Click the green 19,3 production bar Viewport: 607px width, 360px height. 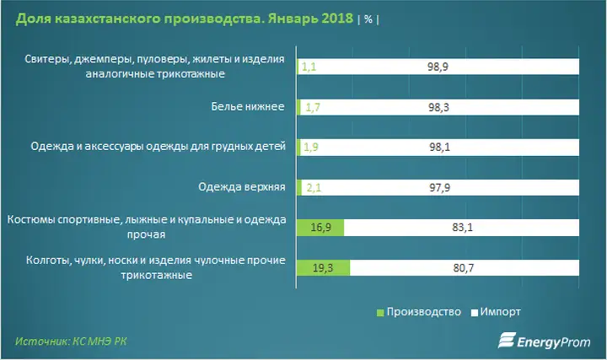(x=323, y=268)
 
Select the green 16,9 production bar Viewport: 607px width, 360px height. (x=320, y=228)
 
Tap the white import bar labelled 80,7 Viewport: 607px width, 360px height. (x=465, y=268)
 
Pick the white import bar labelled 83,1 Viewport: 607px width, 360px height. (x=461, y=228)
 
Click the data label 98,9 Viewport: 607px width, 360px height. (x=438, y=67)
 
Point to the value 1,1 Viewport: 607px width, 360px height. (x=309, y=67)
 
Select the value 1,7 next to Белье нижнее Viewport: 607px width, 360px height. (x=313, y=107)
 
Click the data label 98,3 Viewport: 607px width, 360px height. (x=438, y=107)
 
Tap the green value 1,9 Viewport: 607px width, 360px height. (x=311, y=147)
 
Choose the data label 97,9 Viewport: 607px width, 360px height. (x=440, y=188)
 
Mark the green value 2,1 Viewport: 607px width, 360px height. (x=314, y=188)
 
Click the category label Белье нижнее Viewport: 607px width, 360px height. (x=248, y=106)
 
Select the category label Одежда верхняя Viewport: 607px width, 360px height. (x=242, y=187)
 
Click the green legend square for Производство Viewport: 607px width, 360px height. (x=380, y=313)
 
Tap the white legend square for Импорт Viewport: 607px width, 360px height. (x=474, y=313)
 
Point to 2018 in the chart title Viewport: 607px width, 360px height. (x=337, y=19)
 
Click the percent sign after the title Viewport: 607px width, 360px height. (x=368, y=19)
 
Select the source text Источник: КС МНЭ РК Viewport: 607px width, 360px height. (x=71, y=341)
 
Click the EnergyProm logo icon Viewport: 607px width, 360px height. (x=507, y=340)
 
